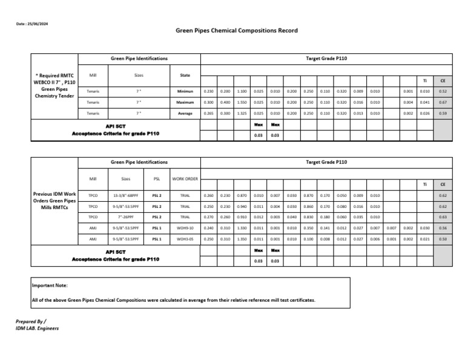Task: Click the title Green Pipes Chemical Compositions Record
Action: (x=236, y=30)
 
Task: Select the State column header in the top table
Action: (x=185, y=75)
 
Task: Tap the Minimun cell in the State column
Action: (x=185, y=91)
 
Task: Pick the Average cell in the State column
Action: (x=185, y=113)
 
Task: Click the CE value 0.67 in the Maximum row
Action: (x=443, y=102)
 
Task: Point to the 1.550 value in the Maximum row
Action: (x=242, y=102)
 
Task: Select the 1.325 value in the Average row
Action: (x=242, y=113)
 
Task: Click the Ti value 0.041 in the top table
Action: (x=424, y=102)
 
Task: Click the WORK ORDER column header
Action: (x=185, y=179)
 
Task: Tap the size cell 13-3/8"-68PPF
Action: (x=126, y=195)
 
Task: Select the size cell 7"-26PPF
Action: (x=126, y=216)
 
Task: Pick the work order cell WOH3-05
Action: (x=185, y=239)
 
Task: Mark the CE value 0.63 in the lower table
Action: (x=443, y=216)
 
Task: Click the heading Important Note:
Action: (x=50, y=285)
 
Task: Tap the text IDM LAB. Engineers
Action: (x=37, y=328)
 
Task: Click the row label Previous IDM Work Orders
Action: (x=54, y=200)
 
